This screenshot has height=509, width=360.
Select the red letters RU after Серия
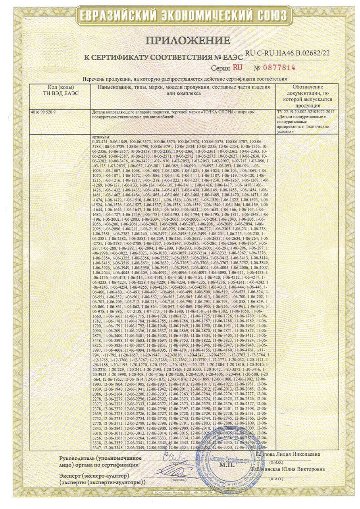237,67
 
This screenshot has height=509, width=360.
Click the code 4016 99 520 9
44,112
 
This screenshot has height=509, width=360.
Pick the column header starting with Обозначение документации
307,96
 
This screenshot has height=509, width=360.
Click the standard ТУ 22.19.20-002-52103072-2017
305,112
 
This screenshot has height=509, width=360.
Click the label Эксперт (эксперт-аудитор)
91,476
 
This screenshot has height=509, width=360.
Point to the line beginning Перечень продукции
185,79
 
